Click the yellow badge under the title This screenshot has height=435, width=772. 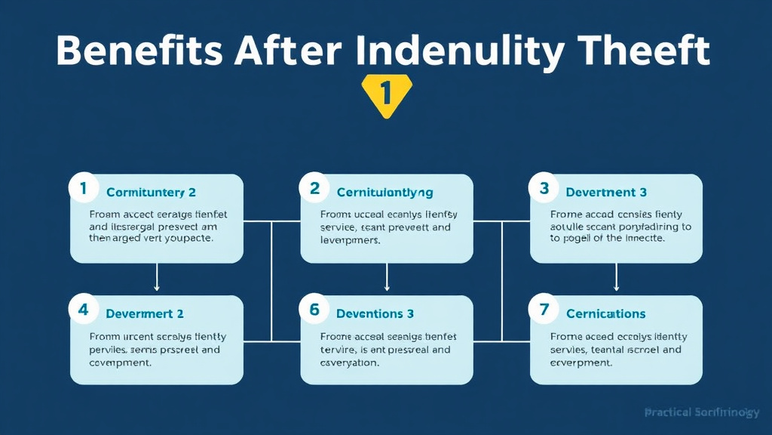[x=386, y=95]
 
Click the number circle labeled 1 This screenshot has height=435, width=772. [x=83, y=189]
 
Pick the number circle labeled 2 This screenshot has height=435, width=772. [x=314, y=189]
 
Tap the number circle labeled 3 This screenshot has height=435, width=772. [x=544, y=189]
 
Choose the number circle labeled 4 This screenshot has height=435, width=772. [x=83, y=310]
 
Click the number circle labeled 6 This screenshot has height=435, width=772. [x=314, y=310]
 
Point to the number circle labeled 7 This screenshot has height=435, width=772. [x=544, y=310]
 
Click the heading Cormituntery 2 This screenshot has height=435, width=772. [x=151, y=193]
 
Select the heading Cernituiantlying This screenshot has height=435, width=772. [x=384, y=193]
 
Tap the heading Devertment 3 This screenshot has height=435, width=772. [x=606, y=193]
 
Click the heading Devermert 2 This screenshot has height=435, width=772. [x=145, y=313]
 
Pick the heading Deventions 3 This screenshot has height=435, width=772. [x=375, y=313]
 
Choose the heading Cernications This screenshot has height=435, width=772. [x=605, y=313]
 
